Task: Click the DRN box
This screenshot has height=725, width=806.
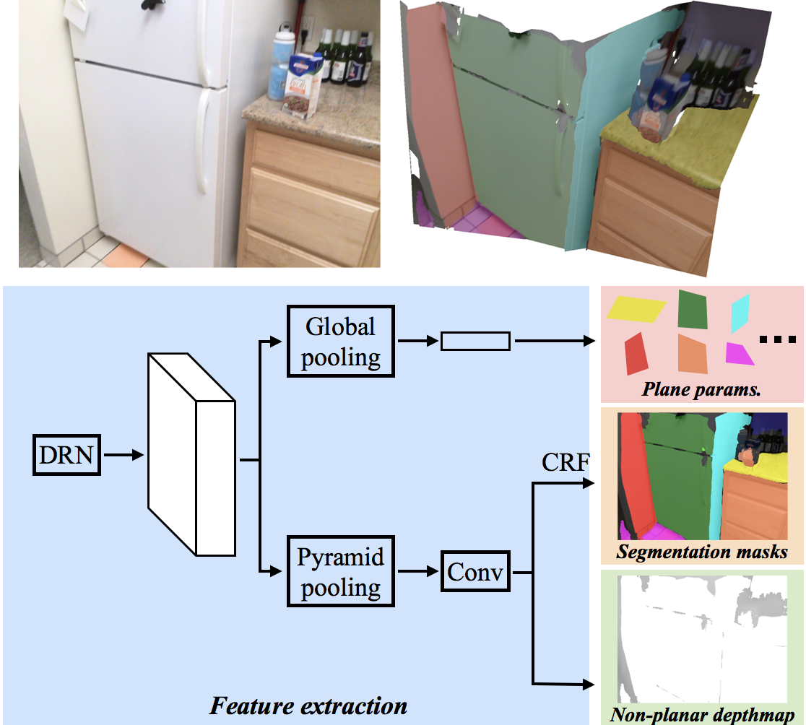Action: click(66, 455)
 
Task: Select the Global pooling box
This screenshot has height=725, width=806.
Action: click(340, 342)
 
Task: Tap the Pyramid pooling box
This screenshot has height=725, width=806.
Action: click(340, 571)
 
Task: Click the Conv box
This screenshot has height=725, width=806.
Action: click(475, 571)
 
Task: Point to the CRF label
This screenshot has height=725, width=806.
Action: click(565, 462)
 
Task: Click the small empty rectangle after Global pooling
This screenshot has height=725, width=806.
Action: click(475, 341)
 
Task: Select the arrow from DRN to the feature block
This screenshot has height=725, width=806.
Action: click(124, 455)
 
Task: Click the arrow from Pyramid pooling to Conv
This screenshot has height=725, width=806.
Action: click(418, 571)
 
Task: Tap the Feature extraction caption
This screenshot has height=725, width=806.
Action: click(308, 706)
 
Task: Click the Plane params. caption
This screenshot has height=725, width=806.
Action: click(701, 389)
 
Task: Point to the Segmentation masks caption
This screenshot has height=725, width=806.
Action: click(702, 551)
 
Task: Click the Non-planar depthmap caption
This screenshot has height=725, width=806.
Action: click(702, 715)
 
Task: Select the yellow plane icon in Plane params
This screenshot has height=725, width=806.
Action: click(636, 309)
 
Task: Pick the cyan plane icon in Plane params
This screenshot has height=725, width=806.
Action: click(740, 313)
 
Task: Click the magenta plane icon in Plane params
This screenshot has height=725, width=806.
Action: click(738, 354)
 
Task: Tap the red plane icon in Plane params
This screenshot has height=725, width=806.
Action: click(636, 354)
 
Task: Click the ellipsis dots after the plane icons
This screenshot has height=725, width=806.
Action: click(778, 339)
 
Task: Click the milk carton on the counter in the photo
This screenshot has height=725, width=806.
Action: click(301, 85)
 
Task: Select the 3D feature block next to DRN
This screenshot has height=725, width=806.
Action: click(191, 455)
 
